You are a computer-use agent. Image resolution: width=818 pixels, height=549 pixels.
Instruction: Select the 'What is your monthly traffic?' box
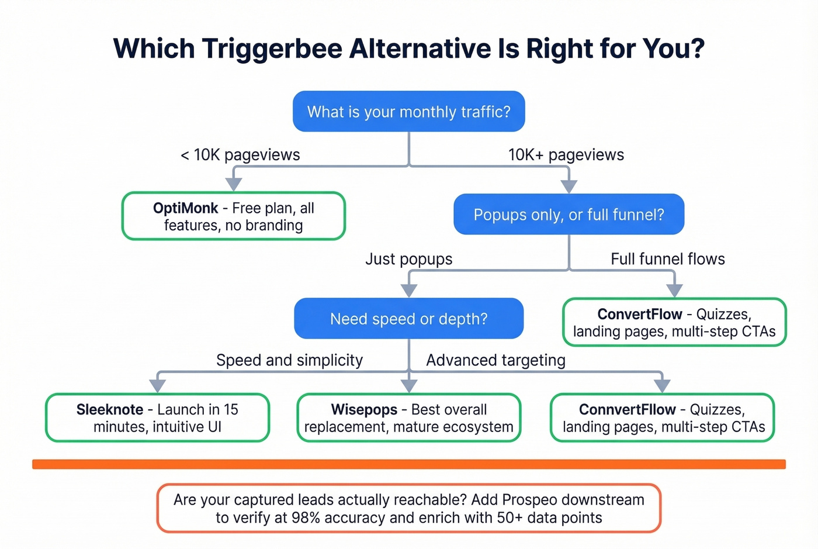[x=408, y=111]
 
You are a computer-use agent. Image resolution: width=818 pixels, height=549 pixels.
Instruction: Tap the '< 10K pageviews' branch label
[x=240, y=155]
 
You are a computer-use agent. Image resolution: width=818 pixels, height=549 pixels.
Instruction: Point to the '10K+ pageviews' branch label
[x=566, y=155]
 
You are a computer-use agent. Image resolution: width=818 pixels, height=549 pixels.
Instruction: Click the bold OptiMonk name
[x=185, y=208]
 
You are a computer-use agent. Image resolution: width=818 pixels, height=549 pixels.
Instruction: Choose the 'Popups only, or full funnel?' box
[x=569, y=215]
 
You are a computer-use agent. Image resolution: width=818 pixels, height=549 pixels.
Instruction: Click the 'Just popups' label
[x=408, y=259]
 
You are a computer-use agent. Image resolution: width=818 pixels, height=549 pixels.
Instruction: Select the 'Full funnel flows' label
[x=667, y=259]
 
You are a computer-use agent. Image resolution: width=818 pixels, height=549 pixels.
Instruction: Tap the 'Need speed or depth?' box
[x=408, y=319]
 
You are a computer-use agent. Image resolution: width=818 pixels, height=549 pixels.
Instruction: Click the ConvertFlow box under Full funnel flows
[x=674, y=323]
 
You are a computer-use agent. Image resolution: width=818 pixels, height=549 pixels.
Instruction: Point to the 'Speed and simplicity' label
[x=289, y=360]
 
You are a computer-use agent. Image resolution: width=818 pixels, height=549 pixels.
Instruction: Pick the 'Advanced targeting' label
[x=495, y=360]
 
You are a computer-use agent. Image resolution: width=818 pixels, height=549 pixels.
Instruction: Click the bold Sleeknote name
[x=110, y=409]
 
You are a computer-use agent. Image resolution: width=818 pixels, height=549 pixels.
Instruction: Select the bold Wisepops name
[x=364, y=409]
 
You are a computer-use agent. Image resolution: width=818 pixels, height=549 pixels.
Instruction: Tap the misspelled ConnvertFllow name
[x=627, y=409]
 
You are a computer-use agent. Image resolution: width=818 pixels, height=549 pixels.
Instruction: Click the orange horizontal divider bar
[x=408, y=464]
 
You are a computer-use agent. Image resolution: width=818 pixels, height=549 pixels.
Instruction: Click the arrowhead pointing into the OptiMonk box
[x=234, y=184]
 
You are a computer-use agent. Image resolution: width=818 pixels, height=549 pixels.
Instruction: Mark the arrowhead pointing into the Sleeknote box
[x=157, y=385]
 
